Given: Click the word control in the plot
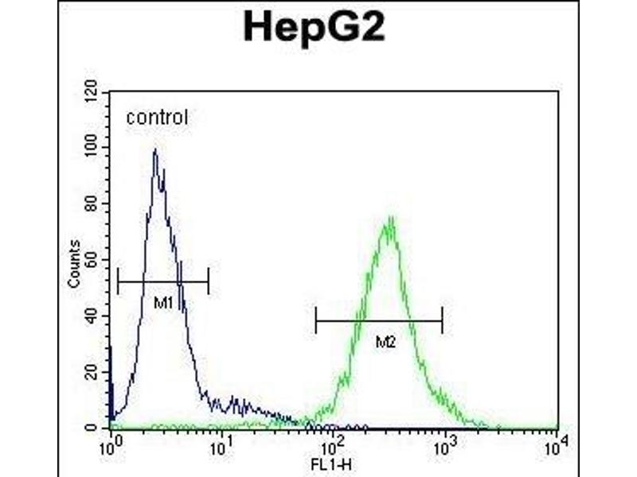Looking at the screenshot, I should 157,118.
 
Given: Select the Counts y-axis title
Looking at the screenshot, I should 74,263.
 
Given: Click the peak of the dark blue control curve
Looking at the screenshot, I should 154,150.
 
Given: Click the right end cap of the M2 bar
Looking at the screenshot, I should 442,321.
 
